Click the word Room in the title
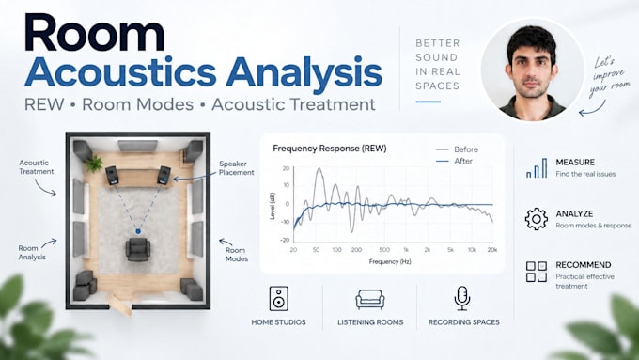pyautogui.click(x=95, y=33)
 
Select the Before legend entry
pyautogui.click(x=458, y=149)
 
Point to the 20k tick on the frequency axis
pyautogui.click(x=492, y=250)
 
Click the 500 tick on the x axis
pyautogui.click(x=384, y=250)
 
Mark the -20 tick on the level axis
pyautogui.click(x=285, y=240)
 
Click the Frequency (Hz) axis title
pyautogui.click(x=390, y=261)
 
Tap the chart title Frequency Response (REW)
pyautogui.click(x=330, y=149)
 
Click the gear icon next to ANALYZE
pyautogui.click(x=537, y=219)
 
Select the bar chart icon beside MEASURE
pyautogui.click(x=537, y=168)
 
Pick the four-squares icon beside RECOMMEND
pyautogui.click(x=537, y=272)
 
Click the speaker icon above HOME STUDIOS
pyautogui.click(x=279, y=299)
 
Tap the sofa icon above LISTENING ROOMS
pyautogui.click(x=370, y=300)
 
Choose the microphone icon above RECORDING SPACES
pyautogui.click(x=462, y=299)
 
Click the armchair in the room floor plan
pyautogui.click(x=138, y=249)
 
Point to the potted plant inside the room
pyautogui.click(x=94, y=164)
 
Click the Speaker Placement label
pyautogui.click(x=237, y=168)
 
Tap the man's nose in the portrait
pyautogui.click(x=532, y=70)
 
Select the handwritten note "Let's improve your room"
pyautogui.click(x=608, y=77)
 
